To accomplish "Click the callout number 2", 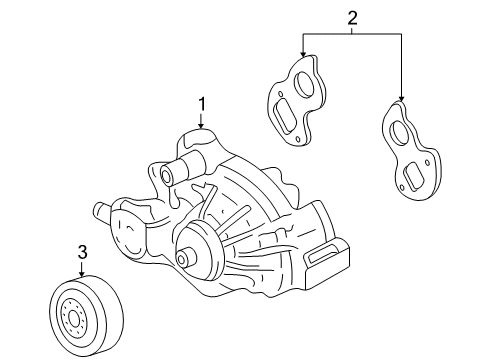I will [x=351, y=16].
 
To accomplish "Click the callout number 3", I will [x=83, y=251].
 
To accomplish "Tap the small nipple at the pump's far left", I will [x=101, y=211].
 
